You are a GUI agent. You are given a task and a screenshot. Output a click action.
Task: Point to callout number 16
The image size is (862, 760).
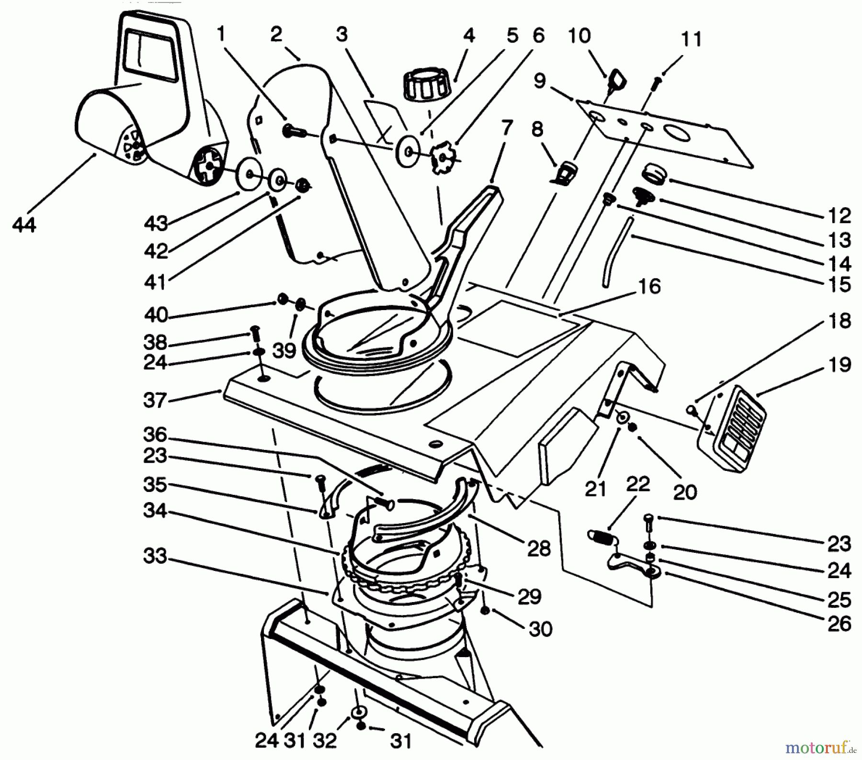[x=649, y=286]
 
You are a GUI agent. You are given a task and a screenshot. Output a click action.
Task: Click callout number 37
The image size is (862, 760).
[x=154, y=400]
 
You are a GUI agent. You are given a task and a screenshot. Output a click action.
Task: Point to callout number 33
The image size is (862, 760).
[x=154, y=556]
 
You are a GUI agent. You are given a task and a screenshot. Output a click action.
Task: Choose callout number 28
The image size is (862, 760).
[x=539, y=549]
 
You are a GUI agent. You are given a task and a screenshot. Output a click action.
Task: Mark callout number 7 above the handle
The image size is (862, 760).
[x=507, y=128]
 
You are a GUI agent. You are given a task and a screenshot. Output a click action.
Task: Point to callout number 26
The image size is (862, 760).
[x=839, y=624]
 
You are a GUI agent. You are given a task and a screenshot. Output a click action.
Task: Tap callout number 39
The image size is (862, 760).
[x=284, y=351]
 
